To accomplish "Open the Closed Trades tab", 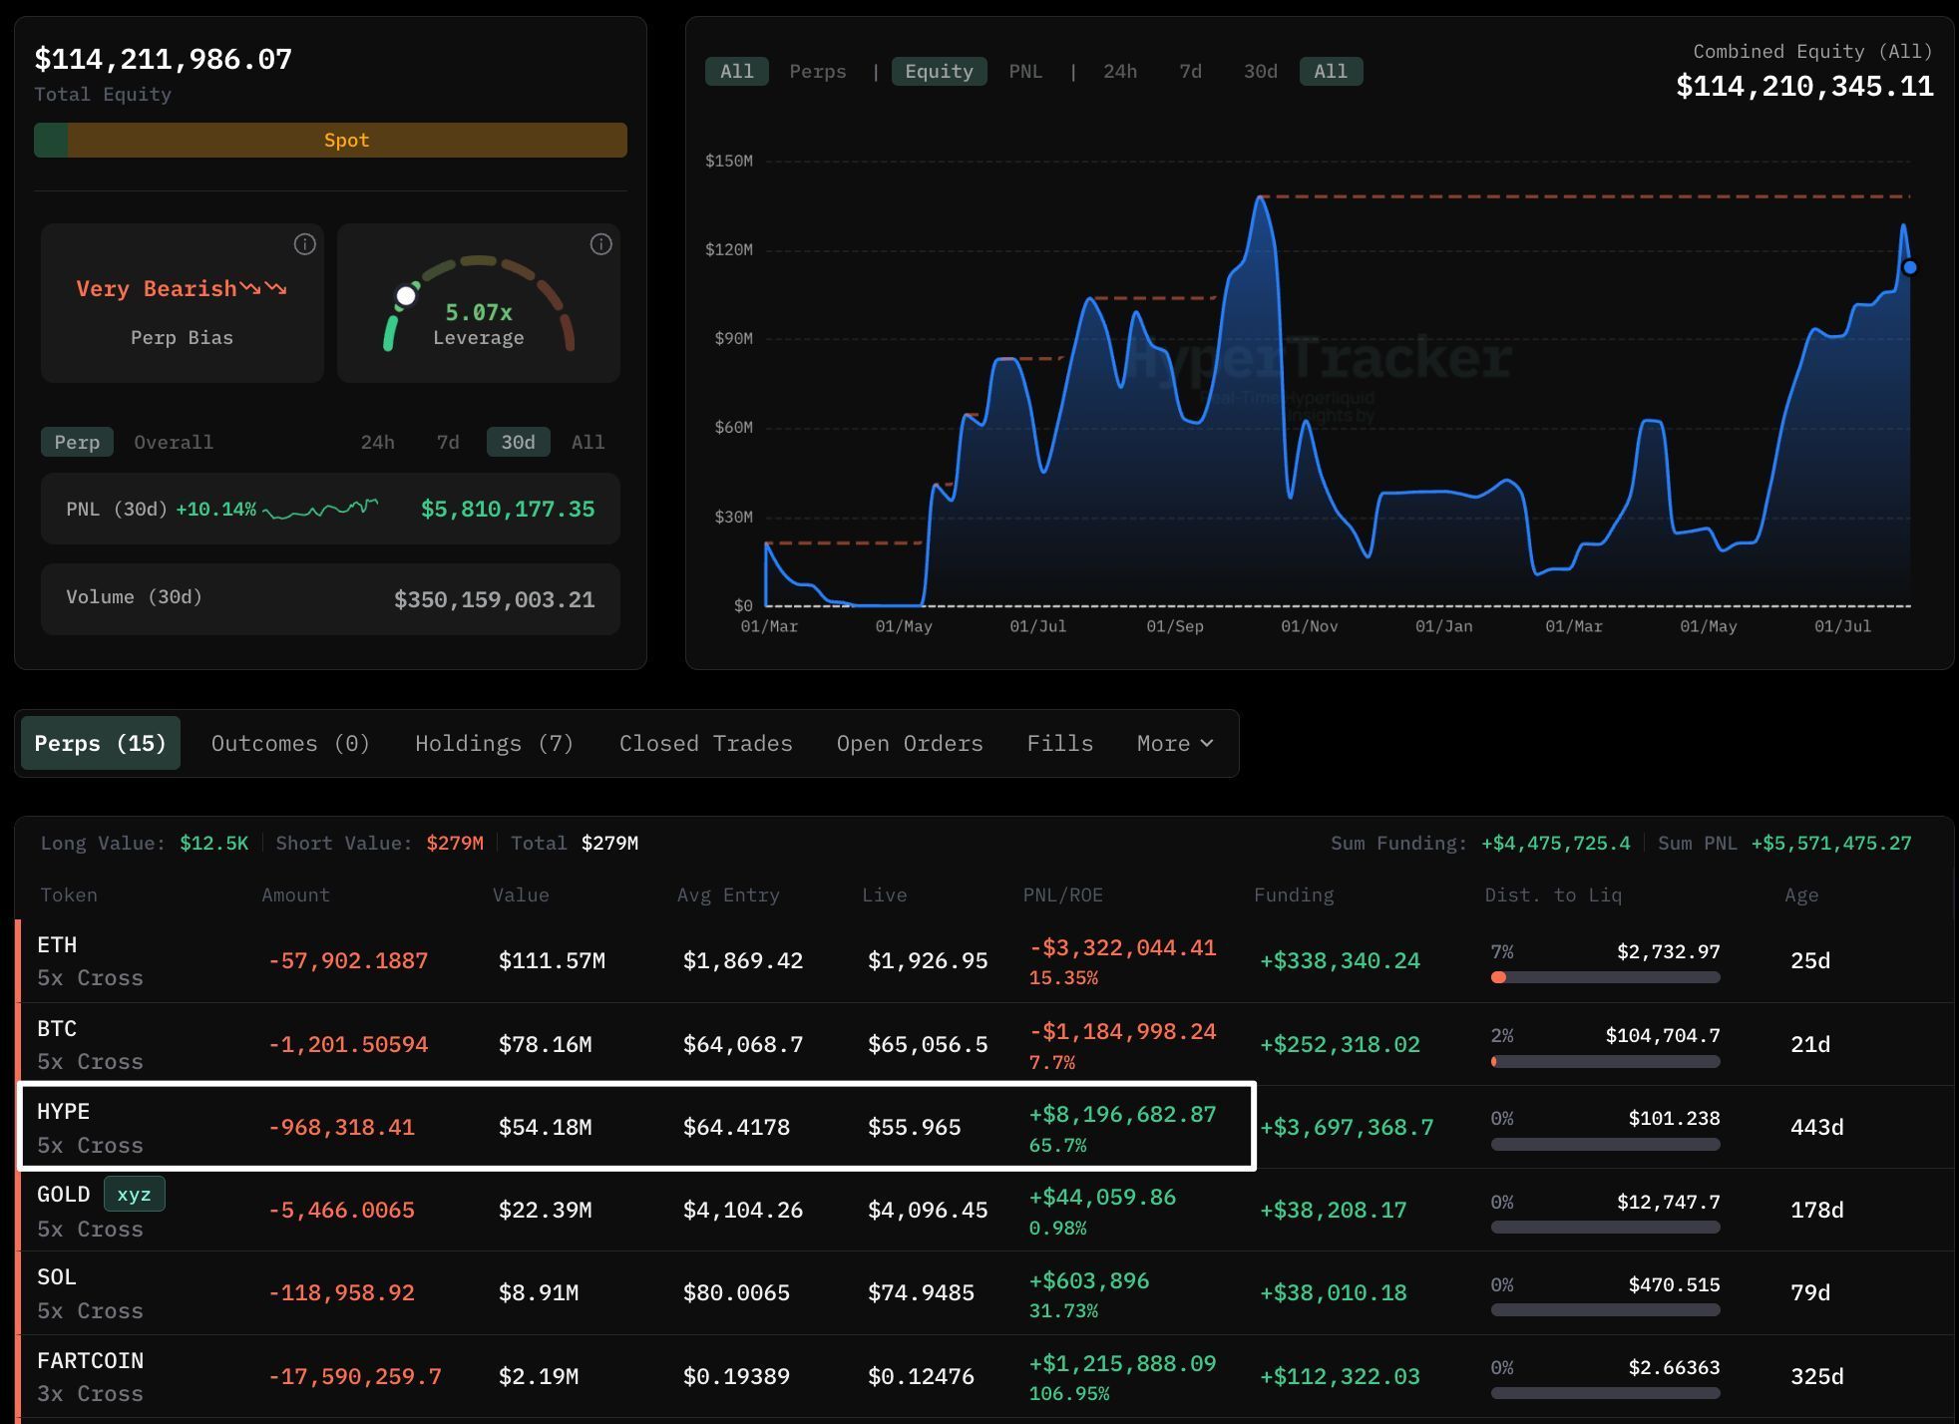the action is click(705, 743).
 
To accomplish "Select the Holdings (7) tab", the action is click(494, 743).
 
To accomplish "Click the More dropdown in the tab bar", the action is click(1175, 743).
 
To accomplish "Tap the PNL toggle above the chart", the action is click(1025, 71).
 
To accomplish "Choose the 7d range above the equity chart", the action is click(1190, 71).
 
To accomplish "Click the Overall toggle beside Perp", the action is click(174, 442).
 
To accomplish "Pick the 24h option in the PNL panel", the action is click(377, 442).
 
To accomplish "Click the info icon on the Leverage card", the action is click(600, 244).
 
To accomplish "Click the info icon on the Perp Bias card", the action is click(304, 244).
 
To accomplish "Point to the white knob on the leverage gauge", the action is click(406, 295).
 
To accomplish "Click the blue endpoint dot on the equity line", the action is click(1909, 267).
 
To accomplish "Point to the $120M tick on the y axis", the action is click(729, 249).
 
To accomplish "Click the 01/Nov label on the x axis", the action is click(1309, 626).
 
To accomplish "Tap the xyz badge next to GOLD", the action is click(134, 1194).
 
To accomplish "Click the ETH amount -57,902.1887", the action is click(348, 960).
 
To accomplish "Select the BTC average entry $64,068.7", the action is click(743, 1044).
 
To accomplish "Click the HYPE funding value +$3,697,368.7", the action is click(1347, 1127).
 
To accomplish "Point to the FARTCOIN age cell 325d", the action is click(1816, 1376).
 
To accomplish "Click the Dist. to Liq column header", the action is click(1553, 894).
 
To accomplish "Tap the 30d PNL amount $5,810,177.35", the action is click(508, 509).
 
